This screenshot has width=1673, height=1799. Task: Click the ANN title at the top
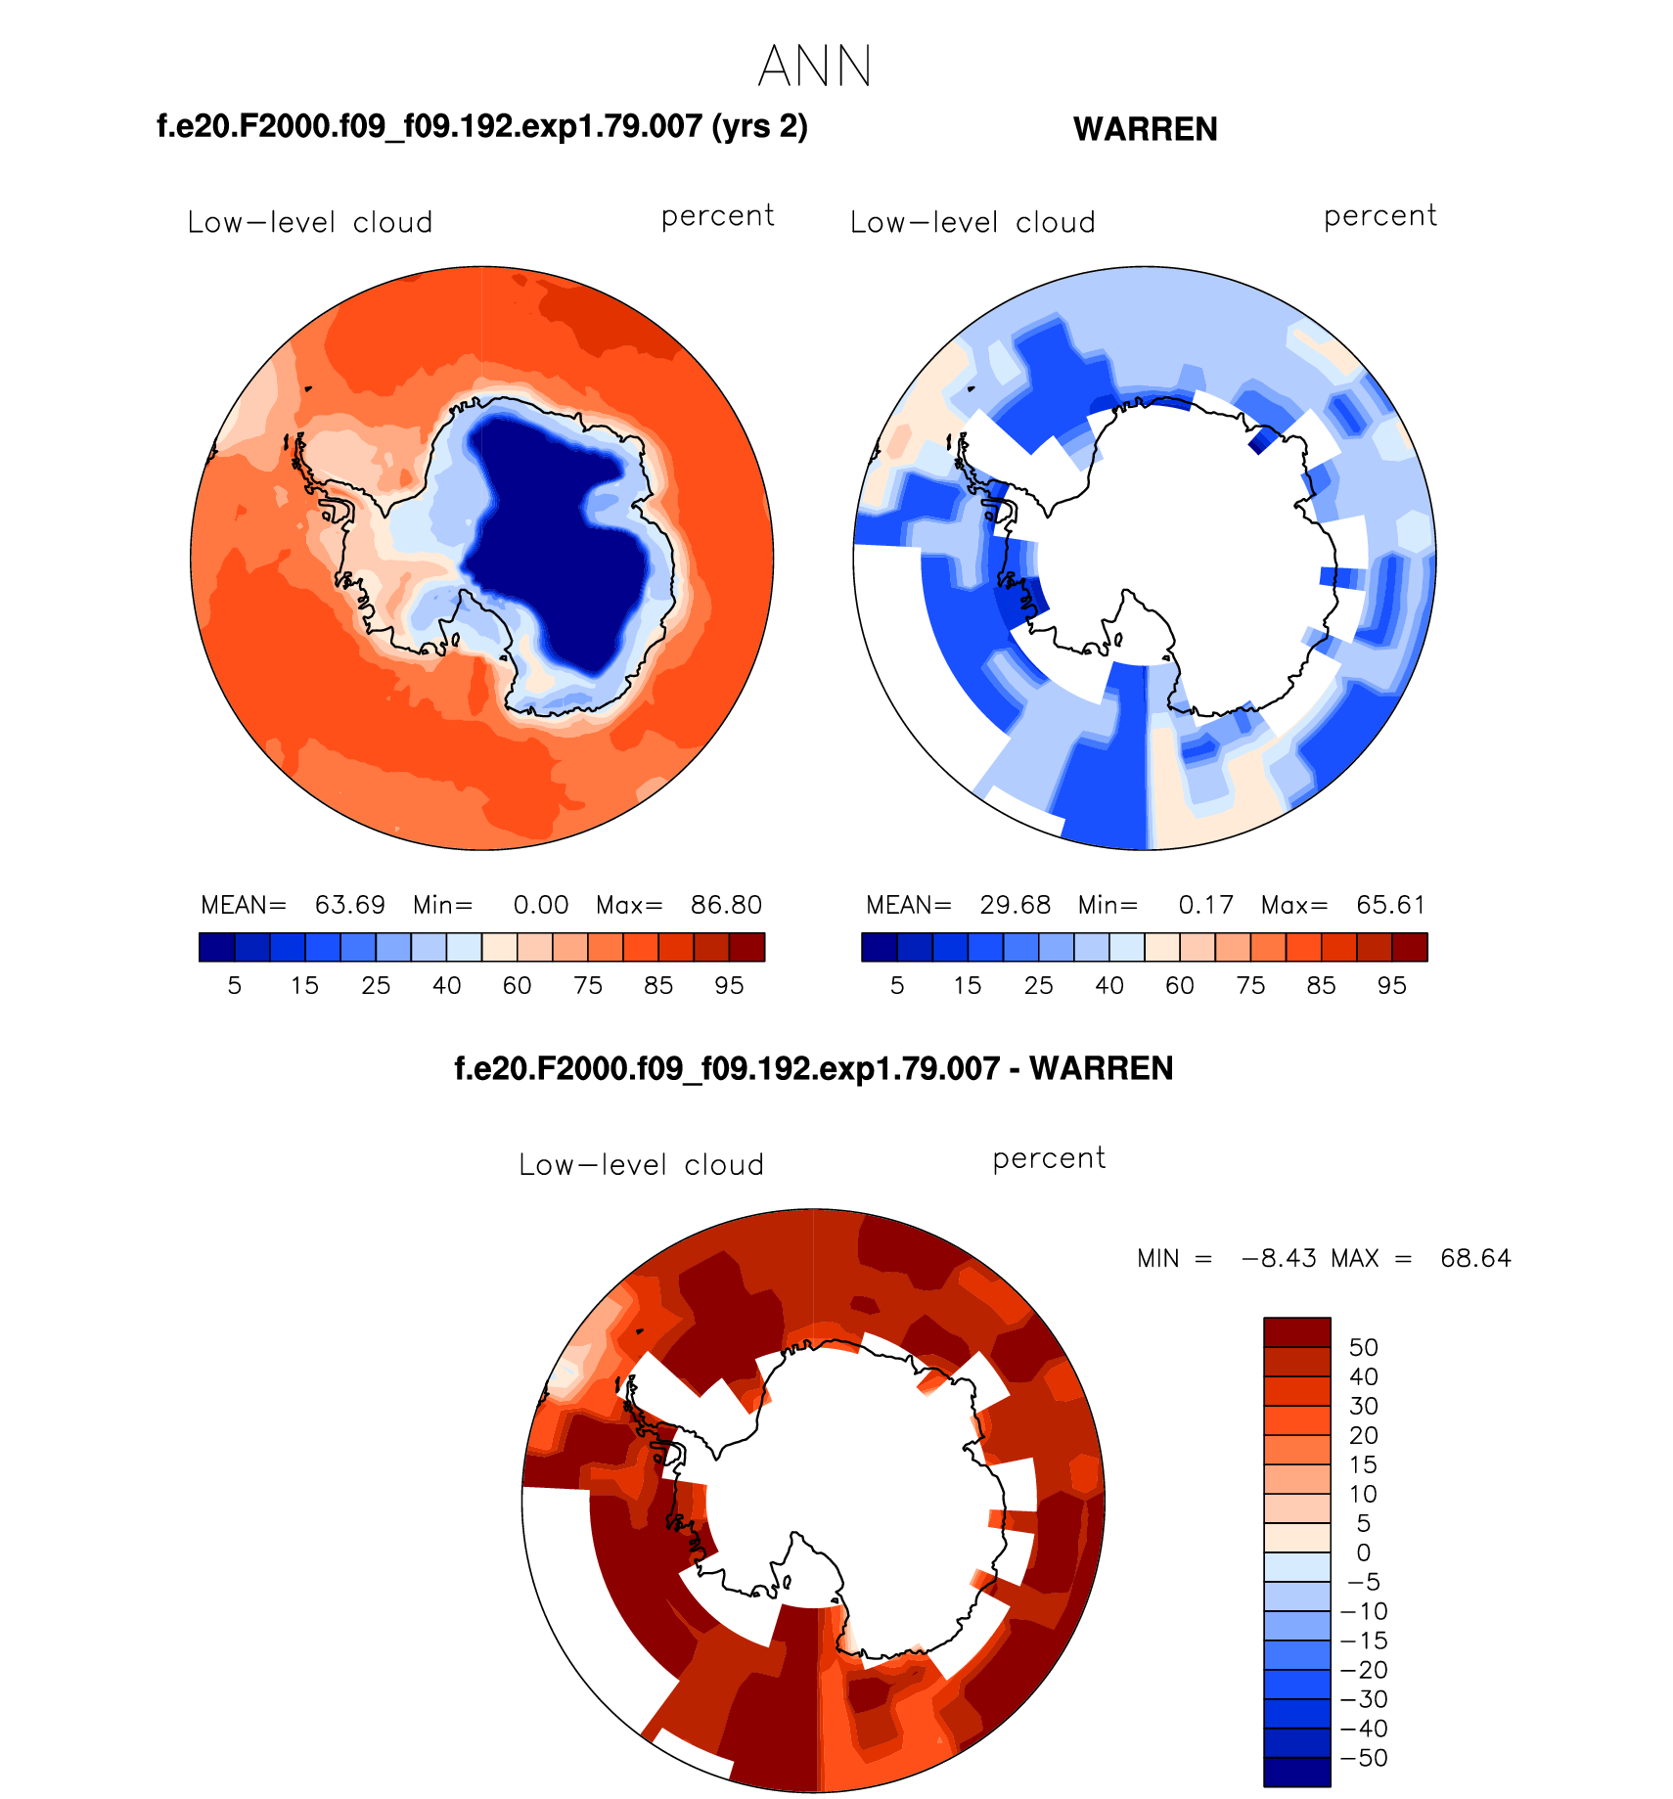(814, 67)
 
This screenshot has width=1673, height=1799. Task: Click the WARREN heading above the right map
(1145, 129)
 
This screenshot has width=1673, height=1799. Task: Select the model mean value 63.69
(349, 905)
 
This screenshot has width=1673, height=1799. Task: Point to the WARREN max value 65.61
(1390, 905)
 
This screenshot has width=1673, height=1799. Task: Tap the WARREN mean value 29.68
(1015, 905)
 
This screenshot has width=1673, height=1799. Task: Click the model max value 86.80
(726, 905)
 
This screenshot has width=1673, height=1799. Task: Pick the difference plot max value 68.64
(1475, 1258)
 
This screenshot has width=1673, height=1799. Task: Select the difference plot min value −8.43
(1278, 1258)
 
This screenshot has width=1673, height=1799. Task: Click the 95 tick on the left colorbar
(729, 986)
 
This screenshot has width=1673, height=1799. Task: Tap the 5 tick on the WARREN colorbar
(897, 986)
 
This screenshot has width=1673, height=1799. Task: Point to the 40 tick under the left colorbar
(446, 986)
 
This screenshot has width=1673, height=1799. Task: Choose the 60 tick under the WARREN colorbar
(1179, 986)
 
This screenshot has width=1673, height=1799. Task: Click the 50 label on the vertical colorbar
(1363, 1347)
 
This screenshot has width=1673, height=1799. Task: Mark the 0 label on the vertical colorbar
(1363, 1552)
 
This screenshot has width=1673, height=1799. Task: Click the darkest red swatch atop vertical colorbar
(1296, 1332)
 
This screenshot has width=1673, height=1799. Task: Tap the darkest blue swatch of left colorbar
(216, 947)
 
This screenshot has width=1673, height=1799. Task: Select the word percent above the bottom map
(1049, 1159)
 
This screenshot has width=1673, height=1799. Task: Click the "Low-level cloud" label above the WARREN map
(972, 223)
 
